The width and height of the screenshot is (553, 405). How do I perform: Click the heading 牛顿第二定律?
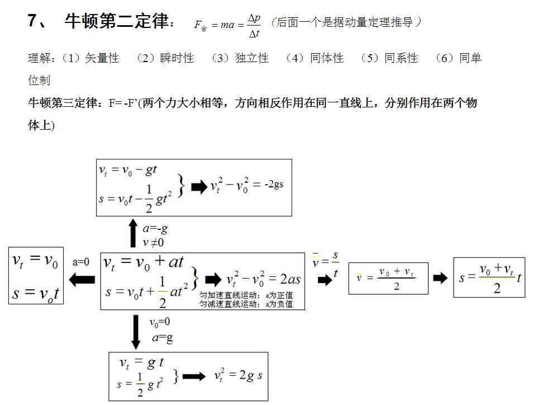(x=116, y=22)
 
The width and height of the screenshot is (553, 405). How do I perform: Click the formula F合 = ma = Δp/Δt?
(x=228, y=25)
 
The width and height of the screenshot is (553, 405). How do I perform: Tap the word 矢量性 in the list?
(x=102, y=58)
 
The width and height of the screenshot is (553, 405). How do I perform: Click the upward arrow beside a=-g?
(x=133, y=233)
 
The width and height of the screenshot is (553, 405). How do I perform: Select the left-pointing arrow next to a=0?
(x=82, y=279)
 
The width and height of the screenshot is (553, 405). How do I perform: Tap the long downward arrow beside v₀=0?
(x=136, y=332)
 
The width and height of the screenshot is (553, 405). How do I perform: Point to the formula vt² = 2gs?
(x=238, y=376)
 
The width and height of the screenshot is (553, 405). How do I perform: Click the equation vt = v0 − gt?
(x=127, y=171)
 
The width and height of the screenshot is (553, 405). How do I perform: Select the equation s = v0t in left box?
(x=36, y=293)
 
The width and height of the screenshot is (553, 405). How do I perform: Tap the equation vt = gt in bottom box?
(x=141, y=362)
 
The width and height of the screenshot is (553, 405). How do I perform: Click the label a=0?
(x=81, y=262)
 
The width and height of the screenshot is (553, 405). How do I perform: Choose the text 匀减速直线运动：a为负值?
(x=246, y=304)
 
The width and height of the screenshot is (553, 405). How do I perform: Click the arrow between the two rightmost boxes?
(x=440, y=278)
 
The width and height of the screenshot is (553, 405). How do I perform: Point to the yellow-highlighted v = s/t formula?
(x=325, y=264)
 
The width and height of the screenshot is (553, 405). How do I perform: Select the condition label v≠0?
(x=153, y=242)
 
